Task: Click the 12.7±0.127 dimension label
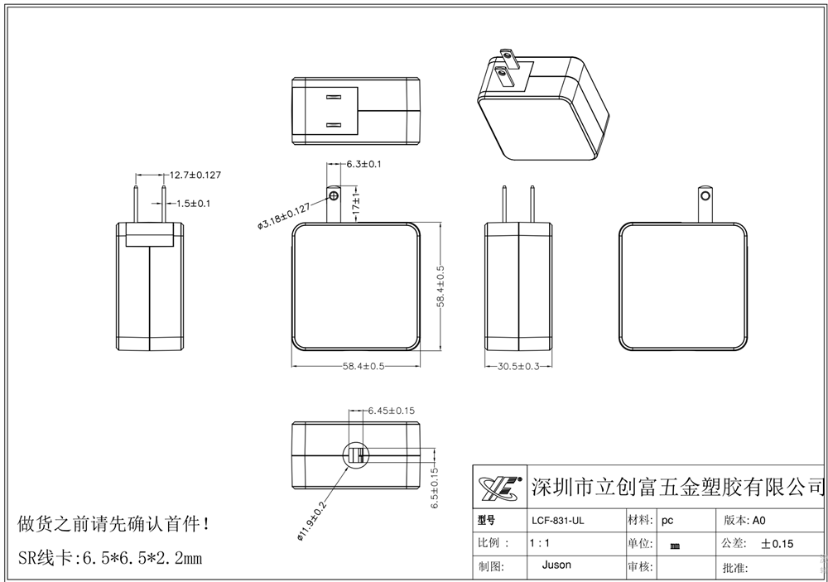[x=195, y=175]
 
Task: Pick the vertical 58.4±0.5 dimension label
[x=441, y=286]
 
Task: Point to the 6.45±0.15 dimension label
[x=391, y=410]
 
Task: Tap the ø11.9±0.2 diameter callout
[x=312, y=517]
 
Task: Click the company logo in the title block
[x=499, y=490]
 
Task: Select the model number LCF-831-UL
[x=556, y=521]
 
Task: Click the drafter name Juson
[x=556, y=566]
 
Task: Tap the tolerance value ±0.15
[x=777, y=544]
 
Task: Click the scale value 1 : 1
[x=539, y=544]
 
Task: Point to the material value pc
[x=667, y=521]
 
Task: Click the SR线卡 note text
[x=109, y=557]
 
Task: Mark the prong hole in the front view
[x=334, y=195]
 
